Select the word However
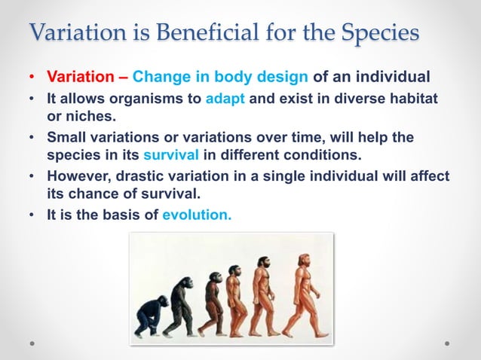coord(76,176)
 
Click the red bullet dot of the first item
coord(31,78)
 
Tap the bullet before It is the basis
coord(31,215)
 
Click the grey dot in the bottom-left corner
coord(32,343)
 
